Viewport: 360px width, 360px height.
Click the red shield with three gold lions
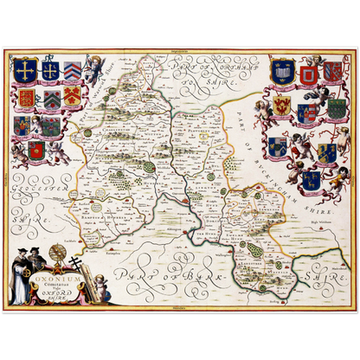tap(27, 96)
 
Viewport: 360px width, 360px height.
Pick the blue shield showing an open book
tap(280, 74)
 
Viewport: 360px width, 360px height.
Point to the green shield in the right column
tap(337, 107)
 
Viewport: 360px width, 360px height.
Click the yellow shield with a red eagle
tap(282, 106)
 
